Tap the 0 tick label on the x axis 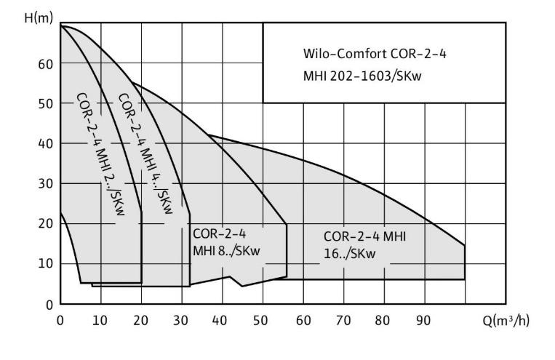(x=60, y=319)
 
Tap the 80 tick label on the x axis (x=383, y=319)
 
